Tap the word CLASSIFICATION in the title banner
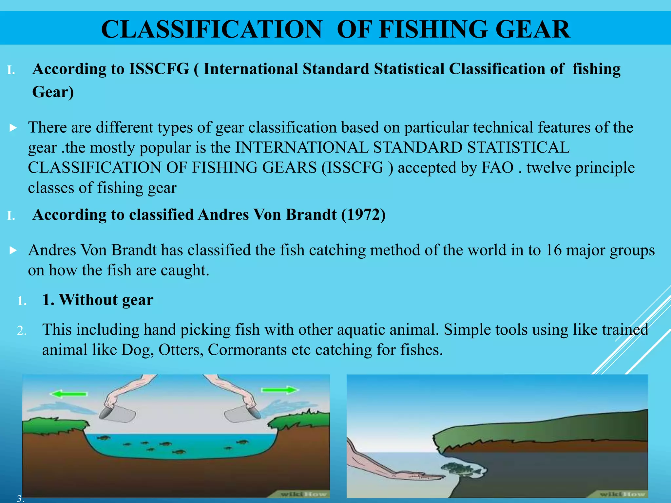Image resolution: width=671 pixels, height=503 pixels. pyautogui.click(x=212, y=29)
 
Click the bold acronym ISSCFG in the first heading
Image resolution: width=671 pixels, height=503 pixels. pyautogui.click(x=159, y=69)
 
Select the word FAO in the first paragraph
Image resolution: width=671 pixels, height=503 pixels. pyautogui.click(x=497, y=168)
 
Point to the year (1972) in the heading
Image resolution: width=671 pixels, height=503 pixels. pyautogui.click(x=363, y=215)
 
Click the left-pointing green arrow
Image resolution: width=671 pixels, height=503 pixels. pyautogui.click(x=68, y=393)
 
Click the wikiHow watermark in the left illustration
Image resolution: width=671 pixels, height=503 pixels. pyautogui.click(x=303, y=494)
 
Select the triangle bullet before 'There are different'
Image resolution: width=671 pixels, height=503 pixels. pyautogui.click(x=13, y=128)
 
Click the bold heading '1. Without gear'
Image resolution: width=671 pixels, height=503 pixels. pyautogui.click(x=98, y=300)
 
